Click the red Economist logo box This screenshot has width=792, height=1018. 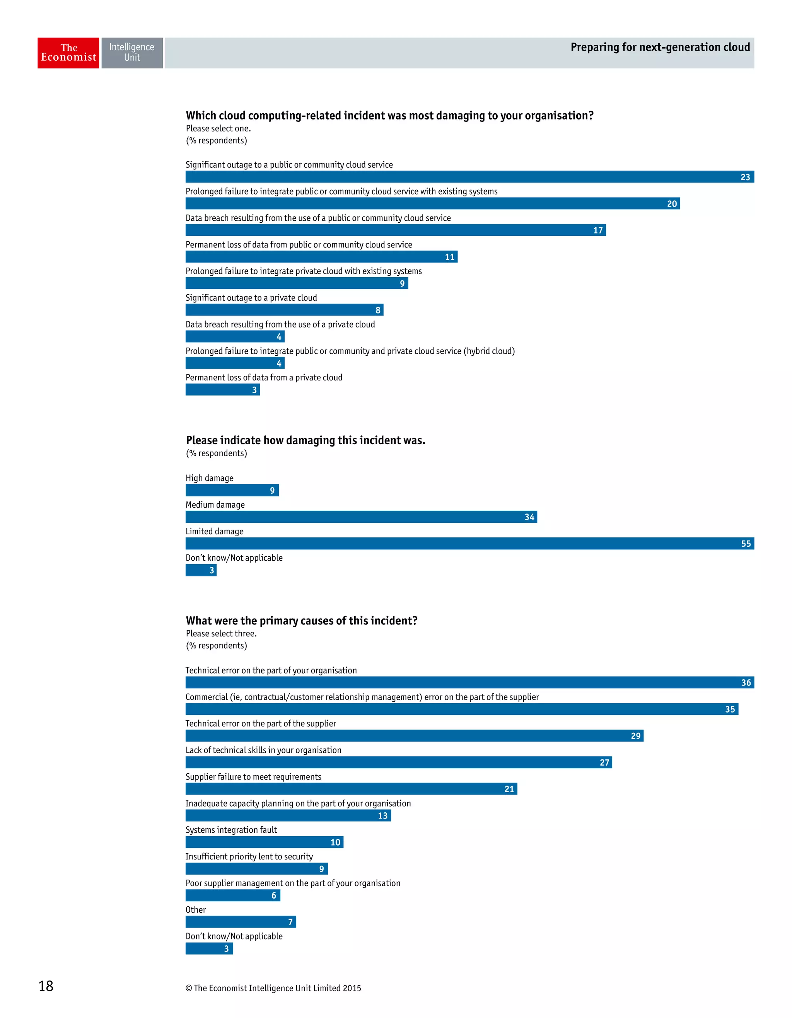[x=68, y=53]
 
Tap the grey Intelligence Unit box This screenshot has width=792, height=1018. [x=132, y=53]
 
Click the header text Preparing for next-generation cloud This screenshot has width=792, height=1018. [x=660, y=48]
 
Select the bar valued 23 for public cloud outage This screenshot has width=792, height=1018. [x=466, y=177]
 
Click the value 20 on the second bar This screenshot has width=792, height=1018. [x=671, y=204]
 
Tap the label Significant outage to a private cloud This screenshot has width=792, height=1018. [x=251, y=298]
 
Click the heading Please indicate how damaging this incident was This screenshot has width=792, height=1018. [x=306, y=440]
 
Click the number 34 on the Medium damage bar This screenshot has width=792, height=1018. [x=529, y=517]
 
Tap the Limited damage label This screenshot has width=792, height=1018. [x=214, y=531]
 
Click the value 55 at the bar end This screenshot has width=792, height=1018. [x=745, y=544]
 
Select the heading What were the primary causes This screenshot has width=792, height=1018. [x=302, y=621]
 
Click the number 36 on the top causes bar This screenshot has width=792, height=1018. [x=745, y=683]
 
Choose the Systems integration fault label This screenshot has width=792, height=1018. [x=231, y=830]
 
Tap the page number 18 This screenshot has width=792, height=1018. [x=46, y=986]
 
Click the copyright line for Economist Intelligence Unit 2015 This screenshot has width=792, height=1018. [x=273, y=988]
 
